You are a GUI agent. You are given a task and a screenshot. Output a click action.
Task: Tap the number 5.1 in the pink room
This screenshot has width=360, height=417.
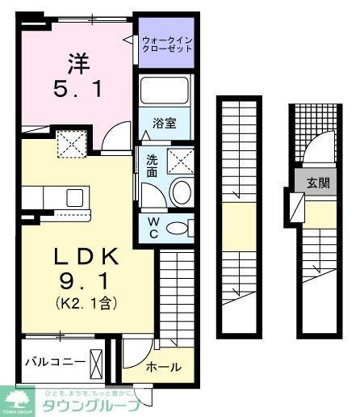pyautogui.click(x=77, y=90)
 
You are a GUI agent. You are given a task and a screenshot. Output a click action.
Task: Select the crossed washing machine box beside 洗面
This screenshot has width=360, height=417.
pyautogui.click(x=182, y=161)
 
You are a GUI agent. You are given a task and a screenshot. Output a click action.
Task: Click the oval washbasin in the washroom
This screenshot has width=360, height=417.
pyautogui.click(x=181, y=193)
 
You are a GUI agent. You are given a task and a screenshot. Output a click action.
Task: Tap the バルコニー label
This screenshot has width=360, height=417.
pyautogui.click(x=53, y=360)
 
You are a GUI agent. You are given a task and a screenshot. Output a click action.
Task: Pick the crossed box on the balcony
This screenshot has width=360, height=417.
pyautogui.click(x=97, y=360)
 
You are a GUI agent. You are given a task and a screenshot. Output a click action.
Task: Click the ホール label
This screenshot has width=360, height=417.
pyautogui.click(x=164, y=368)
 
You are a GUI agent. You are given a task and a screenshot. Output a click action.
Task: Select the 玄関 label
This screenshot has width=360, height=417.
pyautogui.click(x=317, y=183)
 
